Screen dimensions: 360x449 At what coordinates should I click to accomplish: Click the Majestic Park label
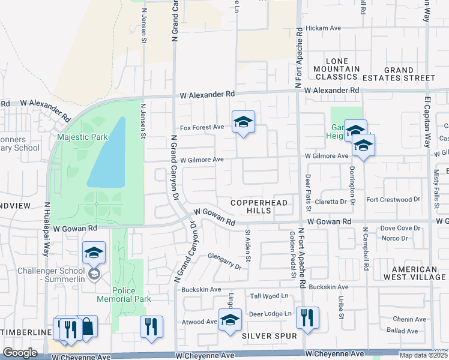(82, 137)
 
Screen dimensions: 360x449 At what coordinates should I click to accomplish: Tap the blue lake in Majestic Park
(107, 154)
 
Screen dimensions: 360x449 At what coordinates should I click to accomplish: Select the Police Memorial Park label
(125, 293)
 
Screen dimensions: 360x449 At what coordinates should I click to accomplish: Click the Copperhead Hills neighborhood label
(259, 206)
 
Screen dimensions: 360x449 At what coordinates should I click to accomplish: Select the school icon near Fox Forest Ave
(243, 122)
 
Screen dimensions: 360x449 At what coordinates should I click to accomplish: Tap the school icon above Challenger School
(94, 253)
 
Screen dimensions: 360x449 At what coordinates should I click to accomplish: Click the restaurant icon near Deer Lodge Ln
(307, 318)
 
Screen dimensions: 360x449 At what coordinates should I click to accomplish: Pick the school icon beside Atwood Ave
(229, 320)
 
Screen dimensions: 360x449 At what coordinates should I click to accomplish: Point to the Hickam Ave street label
(323, 28)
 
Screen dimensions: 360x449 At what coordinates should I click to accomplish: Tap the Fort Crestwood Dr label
(393, 199)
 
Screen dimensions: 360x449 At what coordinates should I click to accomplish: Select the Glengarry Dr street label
(224, 260)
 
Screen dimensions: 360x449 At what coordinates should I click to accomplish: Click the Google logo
(20, 353)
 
